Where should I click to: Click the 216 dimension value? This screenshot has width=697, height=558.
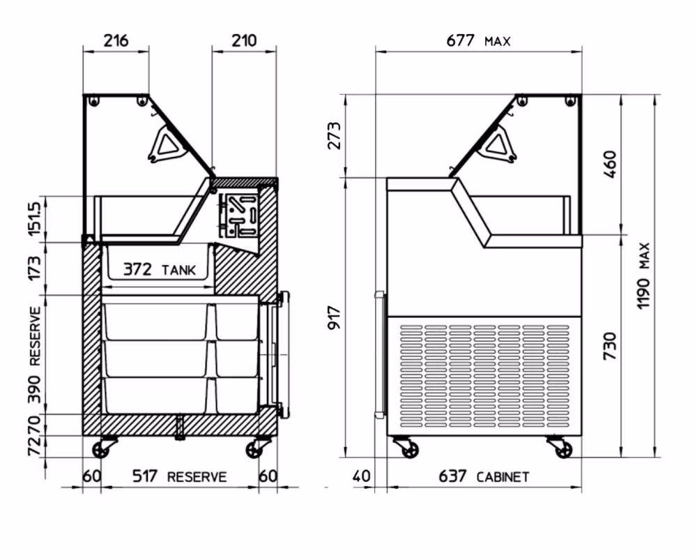tap(116, 40)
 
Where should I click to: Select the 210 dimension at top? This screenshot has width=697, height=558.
tap(244, 40)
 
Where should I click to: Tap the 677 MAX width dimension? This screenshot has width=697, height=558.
tap(478, 40)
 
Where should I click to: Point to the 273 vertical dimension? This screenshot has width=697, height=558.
tap(335, 135)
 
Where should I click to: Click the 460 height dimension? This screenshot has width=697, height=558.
tap(611, 164)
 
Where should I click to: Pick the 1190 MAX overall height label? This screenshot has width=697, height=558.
tap(643, 276)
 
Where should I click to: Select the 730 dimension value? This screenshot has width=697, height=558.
tap(610, 346)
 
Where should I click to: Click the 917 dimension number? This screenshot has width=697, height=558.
tap(335, 317)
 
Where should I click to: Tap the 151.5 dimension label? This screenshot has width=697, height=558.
tap(34, 218)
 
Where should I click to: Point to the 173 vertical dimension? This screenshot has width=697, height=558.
tap(34, 268)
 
